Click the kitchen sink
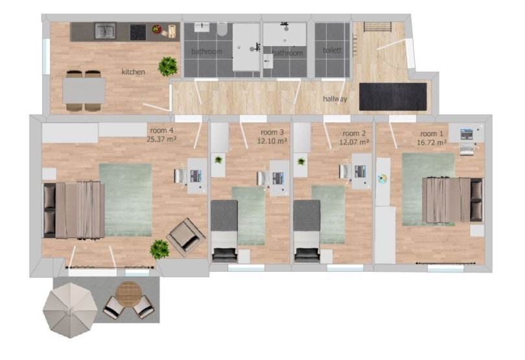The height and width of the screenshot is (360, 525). [105, 31]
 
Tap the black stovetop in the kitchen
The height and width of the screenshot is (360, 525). [138, 32]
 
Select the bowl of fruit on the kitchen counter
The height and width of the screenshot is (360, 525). [157, 29]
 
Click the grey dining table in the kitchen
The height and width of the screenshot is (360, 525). [84, 91]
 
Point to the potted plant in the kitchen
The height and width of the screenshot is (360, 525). [168, 66]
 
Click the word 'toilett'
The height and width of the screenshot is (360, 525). [332, 51]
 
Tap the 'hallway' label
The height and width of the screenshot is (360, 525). [335, 99]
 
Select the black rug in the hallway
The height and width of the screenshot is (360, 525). [393, 97]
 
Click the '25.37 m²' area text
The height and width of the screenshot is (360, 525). [162, 139]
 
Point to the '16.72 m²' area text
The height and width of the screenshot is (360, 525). [432, 143]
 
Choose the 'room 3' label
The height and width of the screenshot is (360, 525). [272, 132]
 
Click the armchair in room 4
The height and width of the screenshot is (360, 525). [186, 237]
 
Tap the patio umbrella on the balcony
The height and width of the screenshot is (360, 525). [70, 311]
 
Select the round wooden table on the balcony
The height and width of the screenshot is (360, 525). [128, 294]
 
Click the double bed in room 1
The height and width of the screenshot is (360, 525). [452, 200]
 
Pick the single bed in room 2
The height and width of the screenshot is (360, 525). [307, 232]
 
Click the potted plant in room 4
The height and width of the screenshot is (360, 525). [159, 249]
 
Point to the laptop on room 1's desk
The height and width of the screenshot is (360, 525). [467, 134]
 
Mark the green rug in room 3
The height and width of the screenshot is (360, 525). [248, 216]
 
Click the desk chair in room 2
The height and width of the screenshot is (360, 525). [345, 171]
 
